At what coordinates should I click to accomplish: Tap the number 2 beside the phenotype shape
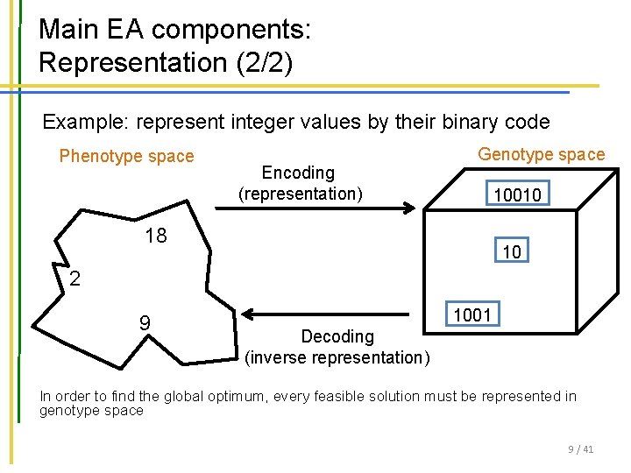75,279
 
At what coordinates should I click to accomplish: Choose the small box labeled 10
512,252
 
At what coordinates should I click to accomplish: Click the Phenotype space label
126,157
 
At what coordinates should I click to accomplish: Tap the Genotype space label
541,155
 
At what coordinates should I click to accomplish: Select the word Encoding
298,173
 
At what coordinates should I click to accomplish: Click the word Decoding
337,336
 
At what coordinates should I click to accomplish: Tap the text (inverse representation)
337,357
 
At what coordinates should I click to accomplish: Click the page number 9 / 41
580,449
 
